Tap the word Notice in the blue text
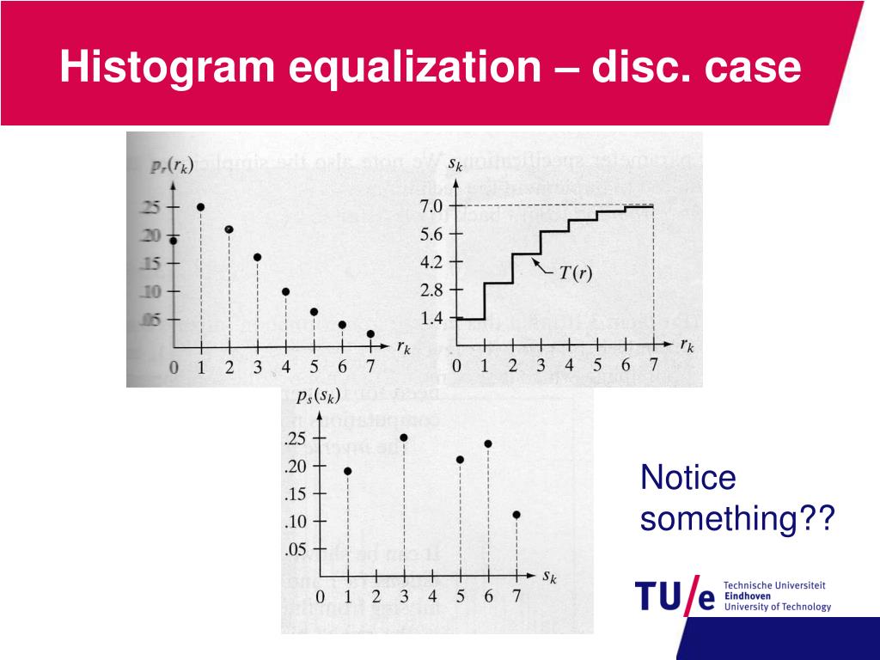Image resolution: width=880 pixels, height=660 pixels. point(688,479)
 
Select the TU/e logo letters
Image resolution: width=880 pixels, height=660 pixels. point(675,595)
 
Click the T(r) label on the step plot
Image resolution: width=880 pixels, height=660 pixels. point(576,273)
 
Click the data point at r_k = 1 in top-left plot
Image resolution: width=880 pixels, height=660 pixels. point(200,207)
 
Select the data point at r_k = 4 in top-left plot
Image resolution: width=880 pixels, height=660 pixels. point(285,292)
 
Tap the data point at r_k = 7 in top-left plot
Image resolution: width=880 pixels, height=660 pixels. point(370,334)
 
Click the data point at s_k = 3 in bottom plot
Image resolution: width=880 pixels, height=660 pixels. point(403,437)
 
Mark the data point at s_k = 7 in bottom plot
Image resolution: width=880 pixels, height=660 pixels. point(516,515)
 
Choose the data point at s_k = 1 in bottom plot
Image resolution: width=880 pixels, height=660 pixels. point(347,471)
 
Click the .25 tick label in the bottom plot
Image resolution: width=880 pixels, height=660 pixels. point(294,440)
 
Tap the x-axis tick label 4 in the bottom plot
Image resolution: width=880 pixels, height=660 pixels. point(432,596)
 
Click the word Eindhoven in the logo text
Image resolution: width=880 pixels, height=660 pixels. point(748,596)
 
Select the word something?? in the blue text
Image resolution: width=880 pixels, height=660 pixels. point(737,519)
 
